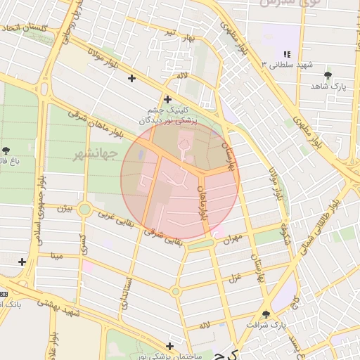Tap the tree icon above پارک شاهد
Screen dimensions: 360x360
pyautogui.click(x=328, y=75)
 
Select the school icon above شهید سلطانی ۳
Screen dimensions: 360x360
pyautogui.click(x=286, y=54)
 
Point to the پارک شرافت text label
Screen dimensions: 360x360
pyautogui.click(x=267, y=326)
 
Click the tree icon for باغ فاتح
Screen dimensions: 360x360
pyautogui.click(x=6, y=150)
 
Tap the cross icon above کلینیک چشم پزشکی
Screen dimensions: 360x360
pyautogui.click(x=167, y=100)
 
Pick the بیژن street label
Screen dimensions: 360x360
pyautogui.click(x=65, y=209)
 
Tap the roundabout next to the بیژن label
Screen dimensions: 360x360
pyautogui.click(x=85, y=209)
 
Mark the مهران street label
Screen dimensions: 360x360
pyautogui.click(x=232, y=238)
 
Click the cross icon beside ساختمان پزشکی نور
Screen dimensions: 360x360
pyautogui.click(x=171, y=346)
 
